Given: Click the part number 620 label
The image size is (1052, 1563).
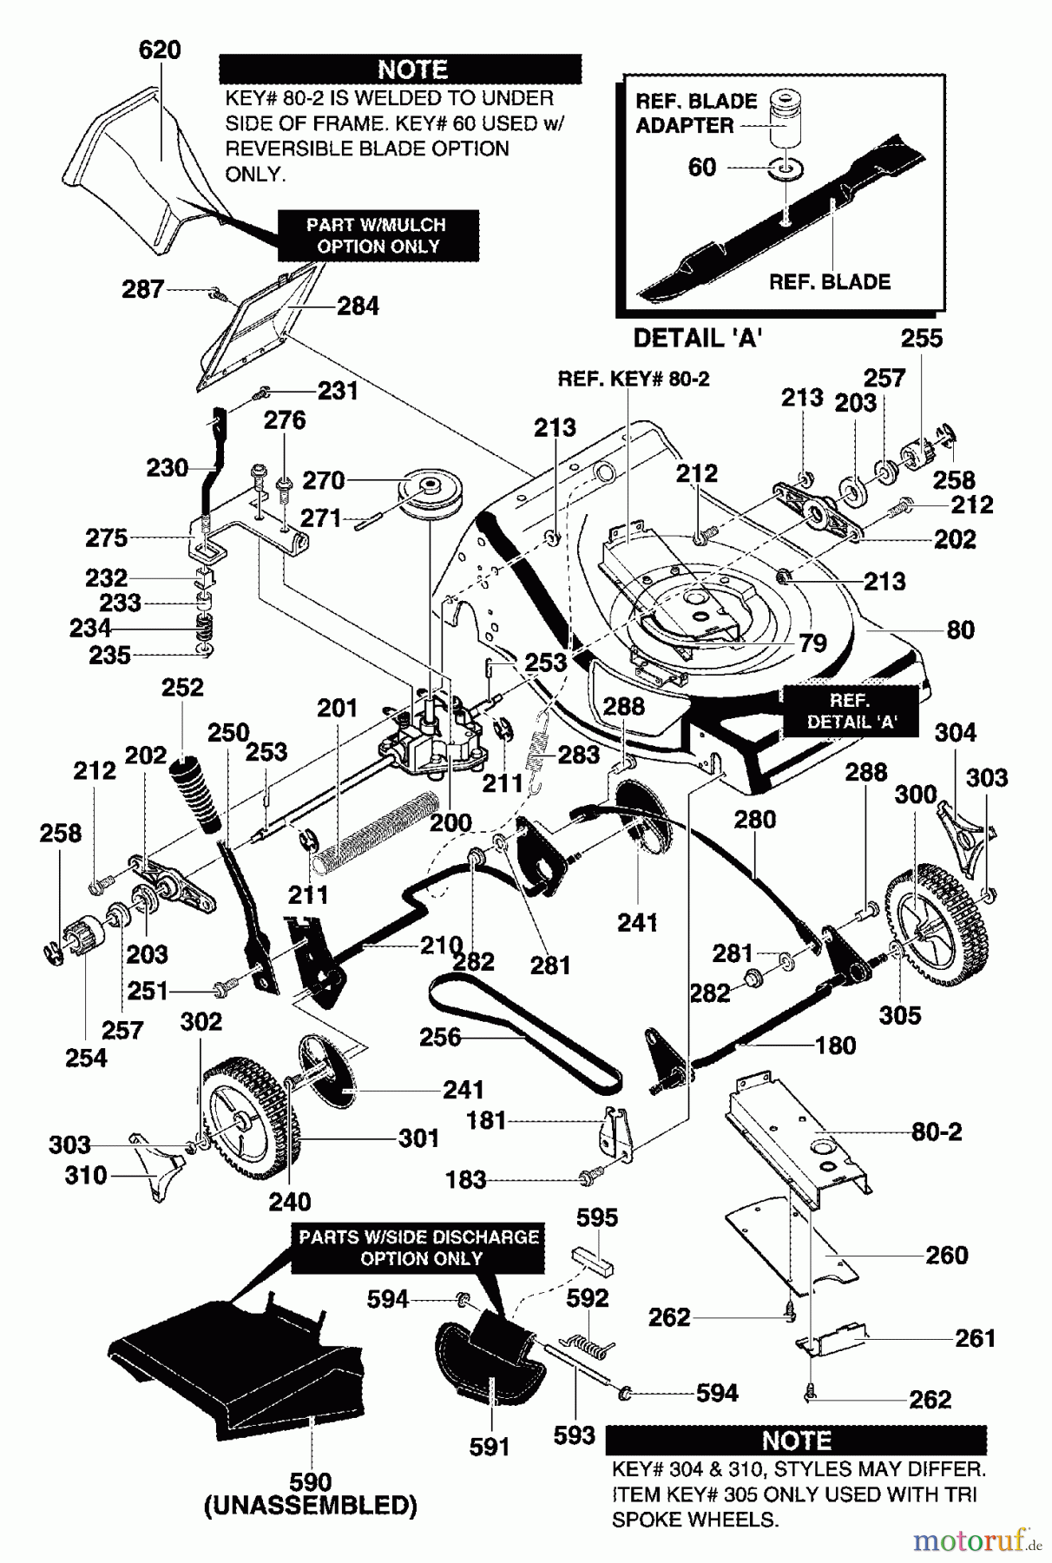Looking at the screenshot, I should (x=160, y=50).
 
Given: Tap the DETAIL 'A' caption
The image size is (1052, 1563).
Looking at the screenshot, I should (x=697, y=338).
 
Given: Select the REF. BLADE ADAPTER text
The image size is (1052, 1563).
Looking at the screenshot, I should (x=696, y=113).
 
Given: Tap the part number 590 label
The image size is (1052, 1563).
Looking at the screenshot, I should (x=311, y=1482).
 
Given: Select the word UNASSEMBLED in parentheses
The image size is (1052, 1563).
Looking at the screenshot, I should (x=311, y=1507).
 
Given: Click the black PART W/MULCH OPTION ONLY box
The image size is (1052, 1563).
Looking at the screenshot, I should (x=378, y=235).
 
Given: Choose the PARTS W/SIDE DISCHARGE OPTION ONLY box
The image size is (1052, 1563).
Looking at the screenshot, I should (x=420, y=1248).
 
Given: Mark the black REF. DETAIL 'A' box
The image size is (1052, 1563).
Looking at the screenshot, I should (x=851, y=711).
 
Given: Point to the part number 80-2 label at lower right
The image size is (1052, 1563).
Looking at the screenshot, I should (x=936, y=1132).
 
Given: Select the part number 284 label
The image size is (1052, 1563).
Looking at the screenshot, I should (x=358, y=306).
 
